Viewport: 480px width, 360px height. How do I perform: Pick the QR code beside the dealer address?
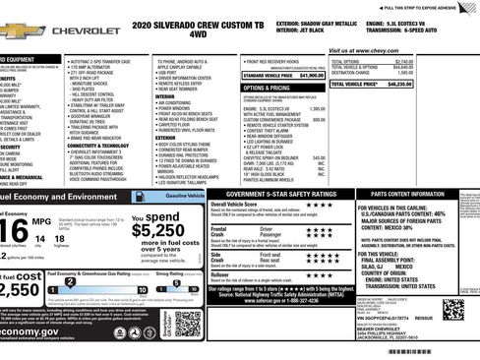pos(452,310)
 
